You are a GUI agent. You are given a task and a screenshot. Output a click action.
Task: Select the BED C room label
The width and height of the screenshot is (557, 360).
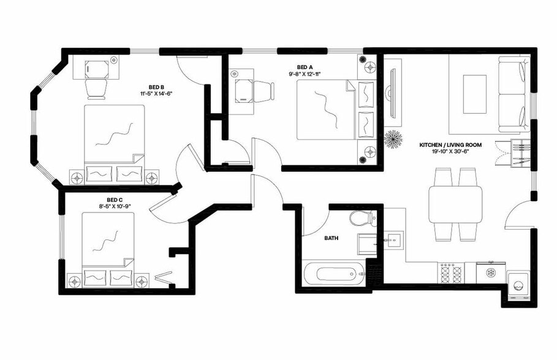coord(115,200)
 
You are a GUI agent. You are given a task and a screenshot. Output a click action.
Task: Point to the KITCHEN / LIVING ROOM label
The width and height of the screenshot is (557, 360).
coord(450,145)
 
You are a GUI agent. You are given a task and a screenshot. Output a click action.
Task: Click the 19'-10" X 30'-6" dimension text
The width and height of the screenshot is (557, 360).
coord(450,152)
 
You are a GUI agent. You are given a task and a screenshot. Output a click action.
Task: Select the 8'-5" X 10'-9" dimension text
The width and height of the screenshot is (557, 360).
coord(115,206)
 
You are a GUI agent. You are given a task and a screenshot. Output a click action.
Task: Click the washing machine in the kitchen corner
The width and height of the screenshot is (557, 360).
coord(518,286)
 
